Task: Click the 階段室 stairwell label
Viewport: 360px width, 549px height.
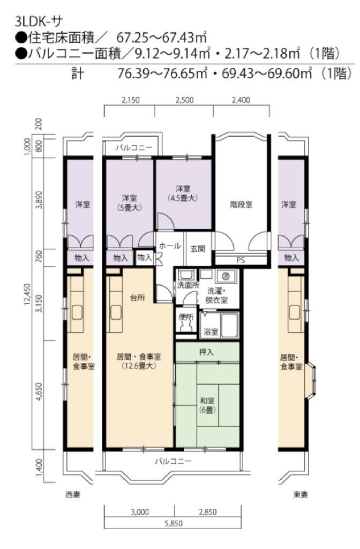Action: pyautogui.click(x=241, y=204)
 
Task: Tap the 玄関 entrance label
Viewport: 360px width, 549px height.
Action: pyautogui.click(x=198, y=249)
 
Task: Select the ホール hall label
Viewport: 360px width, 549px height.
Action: pyautogui.click(x=170, y=246)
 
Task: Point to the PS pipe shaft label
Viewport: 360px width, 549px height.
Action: pyautogui.click(x=241, y=260)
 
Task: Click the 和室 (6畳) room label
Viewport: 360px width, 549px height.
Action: pyautogui.click(x=207, y=405)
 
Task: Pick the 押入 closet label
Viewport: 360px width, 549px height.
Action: pyautogui.click(x=206, y=352)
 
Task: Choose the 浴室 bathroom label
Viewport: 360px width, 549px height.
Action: pyautogui.click(x=211, y=331)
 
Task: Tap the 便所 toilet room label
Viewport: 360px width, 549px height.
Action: pyautogui.click(x=186, y=317)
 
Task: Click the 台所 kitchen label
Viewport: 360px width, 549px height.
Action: pyautogui.click(x=137, y=298)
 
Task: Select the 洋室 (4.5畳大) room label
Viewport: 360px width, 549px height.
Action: pyautogui.click(x=183, y=193)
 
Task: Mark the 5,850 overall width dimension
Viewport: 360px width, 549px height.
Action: pyautogui.click(x=174, y=523)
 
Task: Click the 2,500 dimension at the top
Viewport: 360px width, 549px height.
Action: pyautogui.click(x=184, y=100)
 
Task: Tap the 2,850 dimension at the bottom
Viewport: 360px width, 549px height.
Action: pyautogui.click(x=208, y=512)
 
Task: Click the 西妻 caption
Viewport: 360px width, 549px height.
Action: pyautogui.click(x=73, y=494)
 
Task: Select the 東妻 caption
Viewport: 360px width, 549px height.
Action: pyautogui.click(x=301, y=495)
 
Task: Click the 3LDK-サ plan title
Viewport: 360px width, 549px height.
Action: pyautogui.click(x=39, y=21)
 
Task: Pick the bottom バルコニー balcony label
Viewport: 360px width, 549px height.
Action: pyautogui.click(x=173, y=461)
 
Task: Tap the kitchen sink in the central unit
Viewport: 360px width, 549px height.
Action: pyautogui.click(x=116, y=313)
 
